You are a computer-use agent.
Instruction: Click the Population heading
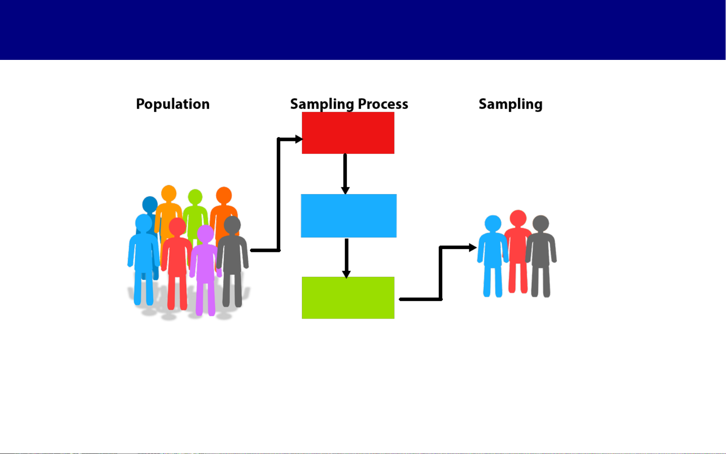173,104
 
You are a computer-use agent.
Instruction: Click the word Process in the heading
383,104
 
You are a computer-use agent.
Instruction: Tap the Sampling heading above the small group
510,104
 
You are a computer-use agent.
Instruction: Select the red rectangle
348,133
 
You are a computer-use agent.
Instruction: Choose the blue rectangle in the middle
349,216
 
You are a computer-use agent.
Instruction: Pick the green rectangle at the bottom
348,297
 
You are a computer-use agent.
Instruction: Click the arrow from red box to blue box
345,174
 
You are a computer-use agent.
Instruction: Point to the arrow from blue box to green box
346,258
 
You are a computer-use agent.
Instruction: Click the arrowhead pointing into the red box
298,139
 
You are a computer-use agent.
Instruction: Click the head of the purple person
205,234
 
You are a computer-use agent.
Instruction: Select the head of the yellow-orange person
169,194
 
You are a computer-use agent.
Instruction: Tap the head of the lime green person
195,197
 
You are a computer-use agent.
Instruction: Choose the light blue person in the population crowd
143,256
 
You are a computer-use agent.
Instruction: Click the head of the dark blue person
150,204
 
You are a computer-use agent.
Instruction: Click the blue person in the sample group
493,256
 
